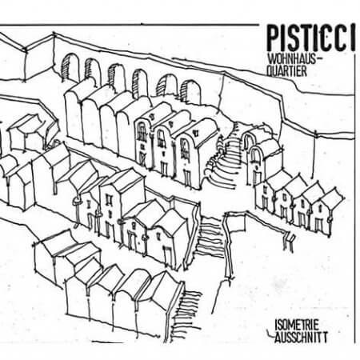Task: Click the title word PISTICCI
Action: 311,38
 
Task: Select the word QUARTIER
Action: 287,71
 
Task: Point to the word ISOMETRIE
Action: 297,325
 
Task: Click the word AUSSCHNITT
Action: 301,338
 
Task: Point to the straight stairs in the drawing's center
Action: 210,238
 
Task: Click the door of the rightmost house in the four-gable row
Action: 319,225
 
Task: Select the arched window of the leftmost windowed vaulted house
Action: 142,131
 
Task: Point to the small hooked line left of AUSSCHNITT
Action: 270,334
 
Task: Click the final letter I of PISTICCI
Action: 353,38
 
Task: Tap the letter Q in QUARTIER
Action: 270,71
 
